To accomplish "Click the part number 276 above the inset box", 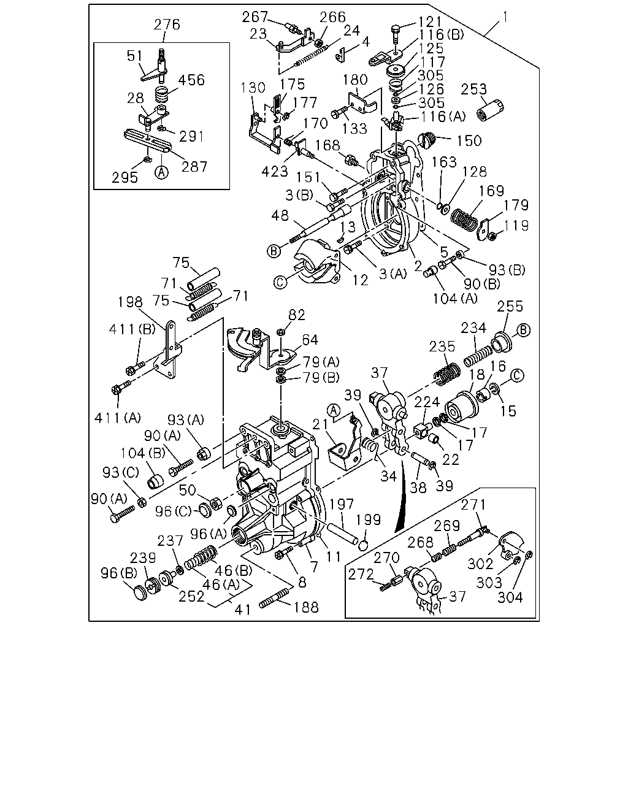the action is point(167,25).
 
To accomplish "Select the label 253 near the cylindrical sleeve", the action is point(473,90).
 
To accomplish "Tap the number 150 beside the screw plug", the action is point(469,141).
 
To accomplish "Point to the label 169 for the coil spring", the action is point(491,191).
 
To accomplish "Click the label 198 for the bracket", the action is point(130,302).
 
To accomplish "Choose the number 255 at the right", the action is point(510,307).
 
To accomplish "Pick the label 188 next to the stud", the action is point(306,607).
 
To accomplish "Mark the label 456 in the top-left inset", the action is point(191,80).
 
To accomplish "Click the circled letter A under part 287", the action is point(162,172).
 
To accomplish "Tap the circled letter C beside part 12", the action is point(280,282).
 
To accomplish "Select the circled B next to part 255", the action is point(523,330).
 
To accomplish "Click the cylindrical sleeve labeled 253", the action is point(491,110).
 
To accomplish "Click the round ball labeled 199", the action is point(363,546).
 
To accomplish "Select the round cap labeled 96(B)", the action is point(141,593).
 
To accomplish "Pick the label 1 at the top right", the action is point(505,17).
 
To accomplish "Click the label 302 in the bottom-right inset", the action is point(480,564).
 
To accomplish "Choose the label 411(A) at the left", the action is point(118,418).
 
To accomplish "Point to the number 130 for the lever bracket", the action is point(253,88).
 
